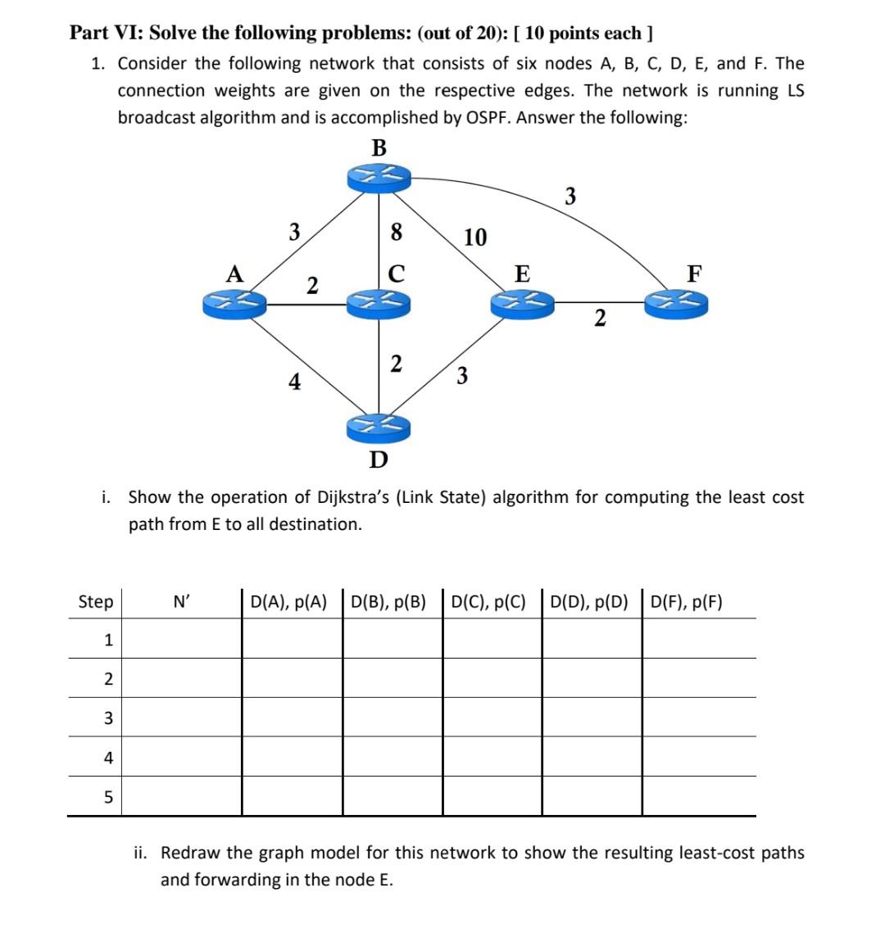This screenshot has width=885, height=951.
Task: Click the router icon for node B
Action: click(x=379, y=177)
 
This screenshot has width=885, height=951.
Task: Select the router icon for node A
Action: click(x=235, y=304)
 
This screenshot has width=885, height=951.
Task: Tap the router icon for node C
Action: click(x=379, y=304)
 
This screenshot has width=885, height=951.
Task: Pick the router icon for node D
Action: click(x=379, y=427)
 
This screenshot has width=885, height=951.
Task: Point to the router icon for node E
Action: click(x=522, y=304)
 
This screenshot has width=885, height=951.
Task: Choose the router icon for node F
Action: click(x=676, y=304)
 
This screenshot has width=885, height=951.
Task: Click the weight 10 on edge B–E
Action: click(x=475, y=238)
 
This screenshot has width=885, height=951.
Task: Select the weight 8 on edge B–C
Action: click(x=397, y=233)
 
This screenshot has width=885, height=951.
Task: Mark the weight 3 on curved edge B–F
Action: click(x=570, y=197)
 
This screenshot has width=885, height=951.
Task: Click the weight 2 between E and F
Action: click(x=600, y=318)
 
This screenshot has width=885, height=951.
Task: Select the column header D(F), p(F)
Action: click(x=687, y=603)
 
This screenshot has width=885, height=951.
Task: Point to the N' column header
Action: click(x=182, y=603)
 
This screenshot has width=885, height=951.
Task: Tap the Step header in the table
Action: click(x=96, y=602)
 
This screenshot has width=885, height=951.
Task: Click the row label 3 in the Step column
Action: click(x=107, y=718)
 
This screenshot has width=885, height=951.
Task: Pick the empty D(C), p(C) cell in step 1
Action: click(x=492, y=639)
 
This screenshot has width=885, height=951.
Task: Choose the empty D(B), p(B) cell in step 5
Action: click(x=392, y=796)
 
